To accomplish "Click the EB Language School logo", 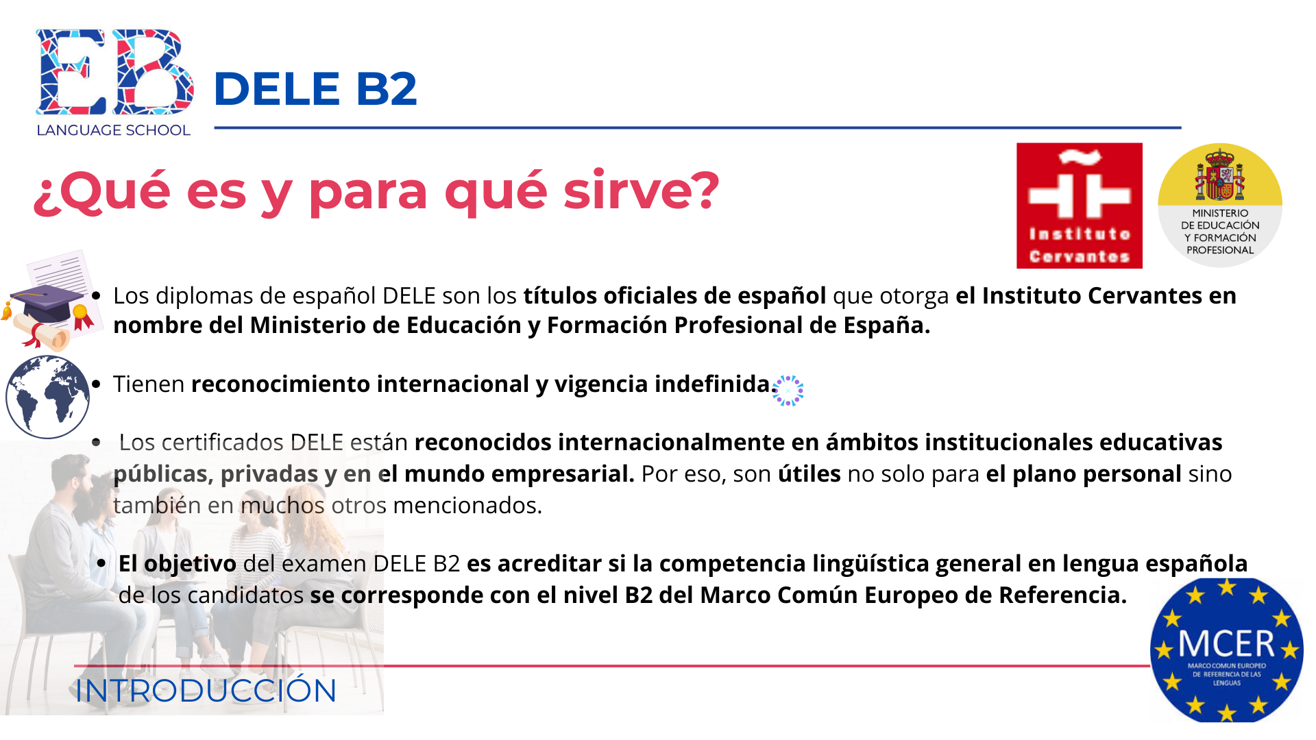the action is [x=114, y=83].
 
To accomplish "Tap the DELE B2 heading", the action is [x=315, y=89].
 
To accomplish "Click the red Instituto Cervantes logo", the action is [x=1080, y=206].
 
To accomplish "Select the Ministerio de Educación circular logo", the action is [x=1220, y=205].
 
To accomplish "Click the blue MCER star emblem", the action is [x=1227, y=650].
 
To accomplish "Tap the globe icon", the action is [x=48, y=397].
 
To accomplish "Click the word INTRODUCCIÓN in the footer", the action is [x=206, y=691].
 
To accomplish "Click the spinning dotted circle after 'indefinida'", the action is [x=788, y=391].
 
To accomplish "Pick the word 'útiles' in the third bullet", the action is [x=809, y=473].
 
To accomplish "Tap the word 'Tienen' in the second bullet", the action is [x=149, y=384].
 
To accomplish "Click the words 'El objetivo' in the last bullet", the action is [x=178, y=564].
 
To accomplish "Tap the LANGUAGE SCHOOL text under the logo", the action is [x=113, y=130].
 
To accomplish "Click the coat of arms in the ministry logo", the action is [x=1220, y=174].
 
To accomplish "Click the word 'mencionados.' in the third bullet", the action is [x=467, y=506].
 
